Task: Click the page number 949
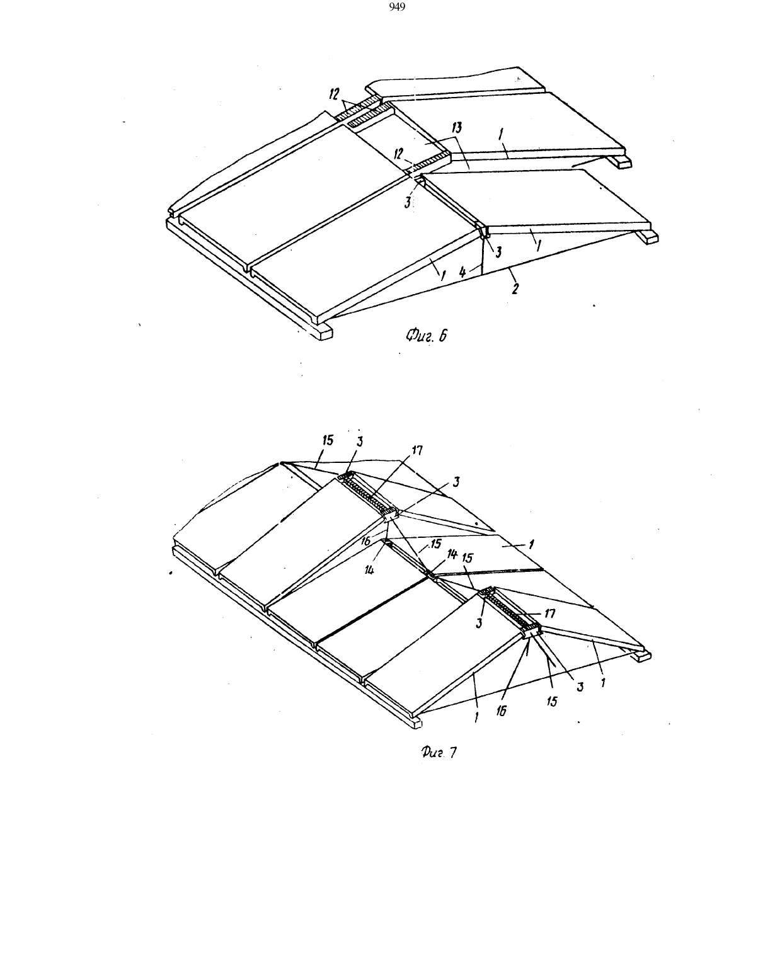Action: pyautogui.click(x=397, y=7)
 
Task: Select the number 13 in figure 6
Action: pyautogui.click(x=457, y=127)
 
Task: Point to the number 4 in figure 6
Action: pyautogui.click(x=462, y=272)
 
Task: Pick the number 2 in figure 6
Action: pyautogui.click(x=515, y=288)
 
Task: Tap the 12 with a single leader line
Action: pyautogui.click(x=398, y=154)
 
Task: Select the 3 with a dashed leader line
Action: pyautogui.click(x=408, y=203)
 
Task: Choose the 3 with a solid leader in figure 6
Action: pyautogui.click(x=498, y=253)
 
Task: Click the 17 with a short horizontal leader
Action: pyautogui.click(x=550, y=613)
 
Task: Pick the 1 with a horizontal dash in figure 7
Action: pyautogui.click(x=532, y=544)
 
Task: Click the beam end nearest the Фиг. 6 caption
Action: pyautogui.click(x=322, y=333)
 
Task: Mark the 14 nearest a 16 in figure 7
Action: pyautogui.click(x=369, y=571)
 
